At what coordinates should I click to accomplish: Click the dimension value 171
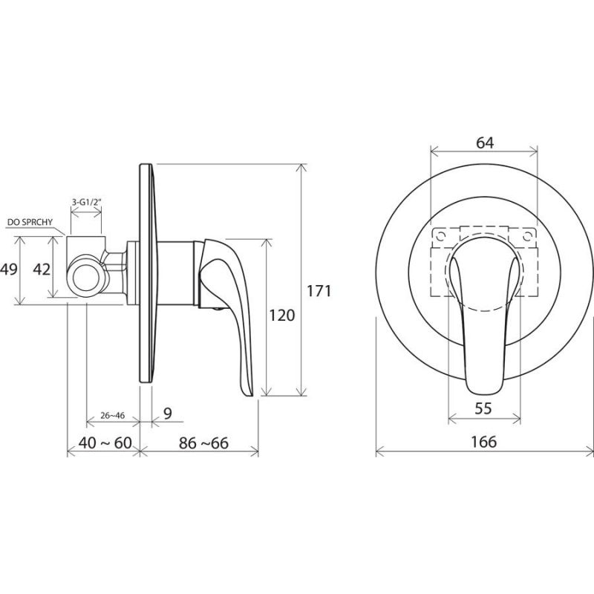coord(319,291)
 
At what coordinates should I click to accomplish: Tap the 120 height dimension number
coord(281,315)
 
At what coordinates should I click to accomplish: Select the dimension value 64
coord(485,143)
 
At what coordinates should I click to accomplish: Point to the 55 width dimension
coord(483,408)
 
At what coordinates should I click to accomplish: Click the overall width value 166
coord(484,442)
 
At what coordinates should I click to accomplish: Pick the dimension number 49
coord(9,270)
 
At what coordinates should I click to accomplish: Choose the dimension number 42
coord(42,270)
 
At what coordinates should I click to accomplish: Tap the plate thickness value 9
coord(168,413)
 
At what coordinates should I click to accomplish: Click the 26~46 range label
coord(113,416)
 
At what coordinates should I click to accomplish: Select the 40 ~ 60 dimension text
coord(105,443)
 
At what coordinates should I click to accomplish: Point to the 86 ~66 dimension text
coord(203,443)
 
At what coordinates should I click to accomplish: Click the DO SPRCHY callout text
coord(30,222)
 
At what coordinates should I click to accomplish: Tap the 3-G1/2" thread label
coord(87,202)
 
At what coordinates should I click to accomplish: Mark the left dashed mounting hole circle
coord(440,236)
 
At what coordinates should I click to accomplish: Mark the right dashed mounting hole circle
coord(527,236)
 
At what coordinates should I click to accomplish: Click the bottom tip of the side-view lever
coord(250,396)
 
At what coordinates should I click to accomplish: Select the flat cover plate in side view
coord(147,272)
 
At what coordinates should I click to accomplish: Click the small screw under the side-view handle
coord(217,309)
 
